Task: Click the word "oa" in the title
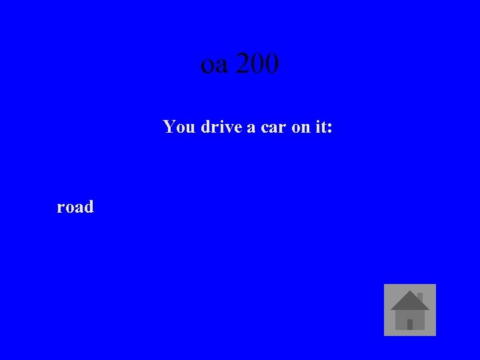[x=214, y=65]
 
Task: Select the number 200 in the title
[x=257, y=64]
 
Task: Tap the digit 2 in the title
[x=243, y=64]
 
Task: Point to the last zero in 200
[x=271, y=64]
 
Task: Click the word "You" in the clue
[x=178, y=126]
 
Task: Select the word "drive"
[x=221, y=126]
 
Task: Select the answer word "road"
[x=75, y=207]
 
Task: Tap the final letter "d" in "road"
[x=89, y=207]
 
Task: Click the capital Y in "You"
[x=169, y=126]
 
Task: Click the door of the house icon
[x=410, y=324]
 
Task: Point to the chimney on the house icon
[x=420, y=297]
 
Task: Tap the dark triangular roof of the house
[x=409, y=302]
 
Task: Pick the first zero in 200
[x=257, y=64]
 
